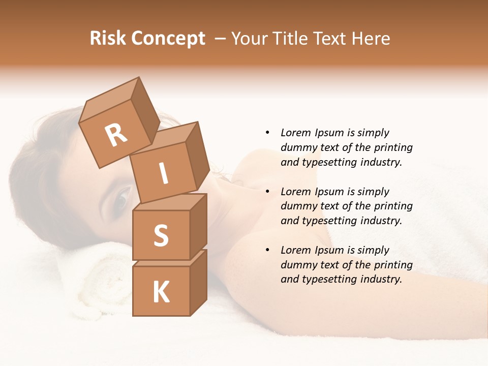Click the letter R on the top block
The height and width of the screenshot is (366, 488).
click(116, 136)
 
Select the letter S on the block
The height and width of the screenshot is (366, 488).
click(161, 235)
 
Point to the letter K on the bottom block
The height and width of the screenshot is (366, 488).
click(161, 292)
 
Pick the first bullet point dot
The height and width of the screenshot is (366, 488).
click(267, 133)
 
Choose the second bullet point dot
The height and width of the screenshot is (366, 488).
click(267, 192)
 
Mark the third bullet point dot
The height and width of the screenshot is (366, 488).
click(267, 250)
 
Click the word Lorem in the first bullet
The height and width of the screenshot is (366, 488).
click(296, 133)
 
